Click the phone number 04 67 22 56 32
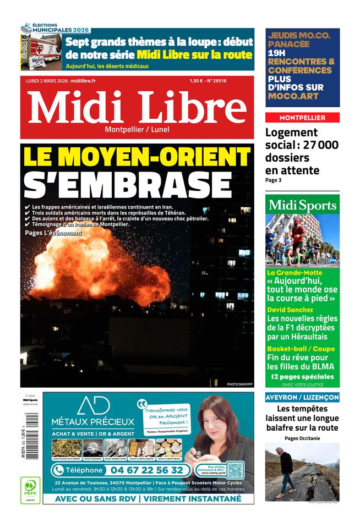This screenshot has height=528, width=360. point(148,470)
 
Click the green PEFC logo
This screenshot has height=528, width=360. point(30,490)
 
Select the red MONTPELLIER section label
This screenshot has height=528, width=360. point(302,118)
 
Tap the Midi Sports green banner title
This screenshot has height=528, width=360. point(302,205)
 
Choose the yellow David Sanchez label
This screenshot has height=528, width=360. point(290,310)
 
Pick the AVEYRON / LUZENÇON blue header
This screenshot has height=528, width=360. point(302,397)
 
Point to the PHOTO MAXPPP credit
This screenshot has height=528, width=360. point(239,384)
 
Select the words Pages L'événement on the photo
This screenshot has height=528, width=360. point(53,233)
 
